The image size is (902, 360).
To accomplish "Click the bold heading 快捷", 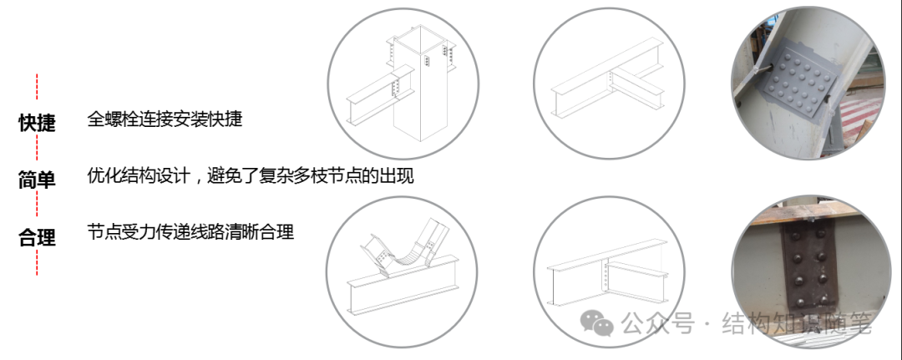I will pyautogui.click(x=37, y=123).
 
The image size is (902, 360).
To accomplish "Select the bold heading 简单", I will pyautogui.click(x=37, y=179).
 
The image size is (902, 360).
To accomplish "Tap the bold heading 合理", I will pyautogui.click(x=37, y=237).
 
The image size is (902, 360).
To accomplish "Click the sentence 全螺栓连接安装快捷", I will pyautogui.click(x=165, y=119).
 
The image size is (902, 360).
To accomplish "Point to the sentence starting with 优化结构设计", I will pyautogui.click(x=251, y=175).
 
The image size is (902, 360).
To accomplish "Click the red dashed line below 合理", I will pyautogui.click(x=37, y=262).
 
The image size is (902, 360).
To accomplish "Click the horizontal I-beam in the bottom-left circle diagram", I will pyautogui.click(x=401, y=297).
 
